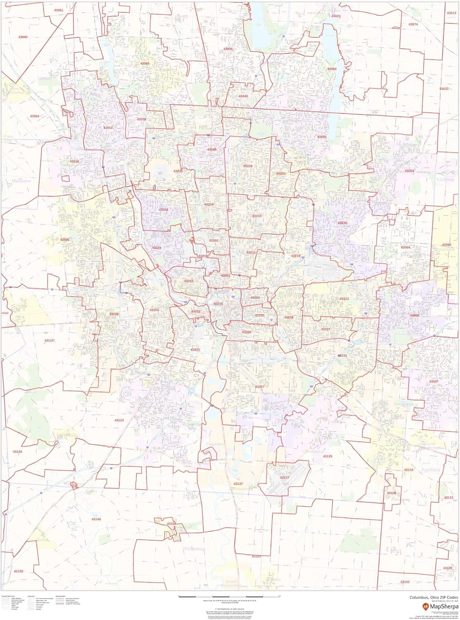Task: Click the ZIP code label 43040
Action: coord(23,37)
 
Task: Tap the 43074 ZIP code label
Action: coord(413,24)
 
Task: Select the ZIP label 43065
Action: coord(145,64)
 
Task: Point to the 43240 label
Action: coord(243,96)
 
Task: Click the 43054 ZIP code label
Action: coord(409,171)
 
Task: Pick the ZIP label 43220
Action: coord(163,210)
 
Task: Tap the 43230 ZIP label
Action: coord(342,223)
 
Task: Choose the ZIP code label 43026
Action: coord(65,240)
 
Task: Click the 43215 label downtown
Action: coord(218,304)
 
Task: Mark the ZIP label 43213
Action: coord(344,298)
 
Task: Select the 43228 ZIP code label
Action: coord(114,314)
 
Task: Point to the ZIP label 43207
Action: coord(260,386)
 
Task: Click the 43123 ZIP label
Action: coord(119,420)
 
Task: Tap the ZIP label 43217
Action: coord(284,477)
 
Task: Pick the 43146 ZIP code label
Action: coord(96,519)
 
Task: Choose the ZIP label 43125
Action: coord(328,456)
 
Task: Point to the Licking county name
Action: coord(445,180)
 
